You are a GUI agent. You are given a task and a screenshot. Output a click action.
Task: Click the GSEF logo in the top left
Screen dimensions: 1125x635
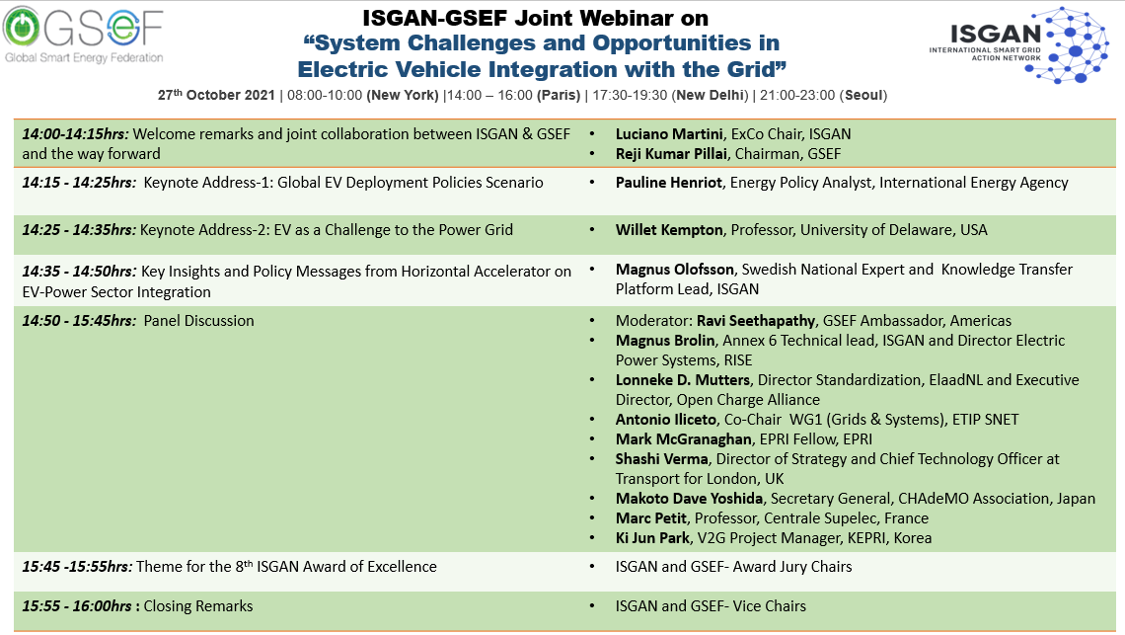83,35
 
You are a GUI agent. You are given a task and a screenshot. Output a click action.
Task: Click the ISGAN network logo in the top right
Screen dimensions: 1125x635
1019,43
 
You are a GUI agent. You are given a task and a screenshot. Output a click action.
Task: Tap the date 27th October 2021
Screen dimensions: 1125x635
216,95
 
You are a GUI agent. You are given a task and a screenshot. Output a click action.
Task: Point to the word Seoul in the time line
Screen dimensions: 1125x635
863,96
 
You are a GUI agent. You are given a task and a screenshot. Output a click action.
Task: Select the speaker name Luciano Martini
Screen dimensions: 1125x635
669,134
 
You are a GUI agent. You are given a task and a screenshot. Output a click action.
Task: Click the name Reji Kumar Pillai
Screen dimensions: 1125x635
671,154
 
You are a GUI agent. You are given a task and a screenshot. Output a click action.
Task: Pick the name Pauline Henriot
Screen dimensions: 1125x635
669,183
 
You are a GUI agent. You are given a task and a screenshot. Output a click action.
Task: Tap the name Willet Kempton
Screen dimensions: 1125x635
669,230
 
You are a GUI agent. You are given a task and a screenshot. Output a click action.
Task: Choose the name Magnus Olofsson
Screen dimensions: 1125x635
674,270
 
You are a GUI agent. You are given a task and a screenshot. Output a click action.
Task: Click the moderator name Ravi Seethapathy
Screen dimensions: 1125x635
756,321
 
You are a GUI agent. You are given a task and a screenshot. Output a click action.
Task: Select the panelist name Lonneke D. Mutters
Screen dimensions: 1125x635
682,380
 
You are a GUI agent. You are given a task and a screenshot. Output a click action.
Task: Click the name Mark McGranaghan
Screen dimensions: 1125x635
683,438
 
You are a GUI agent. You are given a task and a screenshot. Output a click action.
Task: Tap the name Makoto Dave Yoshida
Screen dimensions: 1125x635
689,499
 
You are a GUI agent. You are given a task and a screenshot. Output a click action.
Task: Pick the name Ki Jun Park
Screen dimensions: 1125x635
652,538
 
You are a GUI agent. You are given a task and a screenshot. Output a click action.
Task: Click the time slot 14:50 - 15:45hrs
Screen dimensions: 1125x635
79,321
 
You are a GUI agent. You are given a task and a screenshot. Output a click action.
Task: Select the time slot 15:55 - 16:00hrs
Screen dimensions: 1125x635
77,606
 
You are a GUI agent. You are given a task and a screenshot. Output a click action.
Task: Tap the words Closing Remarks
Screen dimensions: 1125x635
198,606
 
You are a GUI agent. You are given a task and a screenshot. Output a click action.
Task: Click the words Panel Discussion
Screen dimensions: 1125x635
198,321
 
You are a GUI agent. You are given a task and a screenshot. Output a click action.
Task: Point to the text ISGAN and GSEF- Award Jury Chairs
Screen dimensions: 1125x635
733,567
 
